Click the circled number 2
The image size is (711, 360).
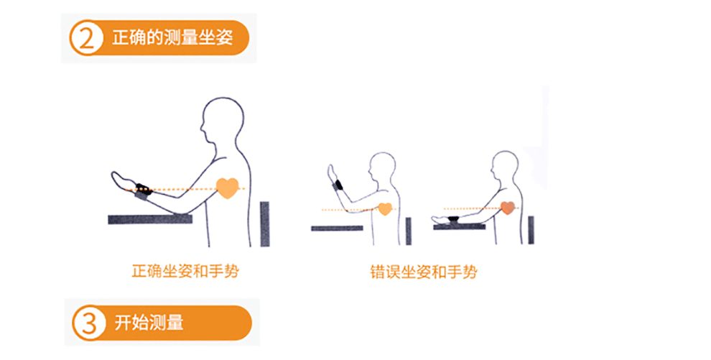click(85, 38)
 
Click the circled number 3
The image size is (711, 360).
click(88, 323)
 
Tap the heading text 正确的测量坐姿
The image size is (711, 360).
click(172, 37)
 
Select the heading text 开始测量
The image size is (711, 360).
click(149, 323)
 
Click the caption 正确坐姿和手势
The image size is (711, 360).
click(185, 272)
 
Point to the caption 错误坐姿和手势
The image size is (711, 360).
click(424, 272)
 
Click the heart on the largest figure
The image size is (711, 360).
click(227, 188)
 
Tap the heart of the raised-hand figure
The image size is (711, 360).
click(385, 209)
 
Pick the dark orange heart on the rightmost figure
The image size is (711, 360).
click(508, 208)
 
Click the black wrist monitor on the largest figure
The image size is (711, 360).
click(144, 190)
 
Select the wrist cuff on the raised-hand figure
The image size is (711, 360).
click(338, 186)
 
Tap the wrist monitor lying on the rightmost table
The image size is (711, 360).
click(452, 220)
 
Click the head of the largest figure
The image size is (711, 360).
click(222, 119)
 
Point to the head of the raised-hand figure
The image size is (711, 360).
click(382, 166)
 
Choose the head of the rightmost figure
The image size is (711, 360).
click(504, 165)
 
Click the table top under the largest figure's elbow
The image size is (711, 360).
click(150, 219)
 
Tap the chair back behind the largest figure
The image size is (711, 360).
click(265, 224)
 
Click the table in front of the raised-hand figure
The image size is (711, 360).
click(337, 228)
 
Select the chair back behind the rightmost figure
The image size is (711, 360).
click(531, 231)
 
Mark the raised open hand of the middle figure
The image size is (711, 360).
click(333, 174)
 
